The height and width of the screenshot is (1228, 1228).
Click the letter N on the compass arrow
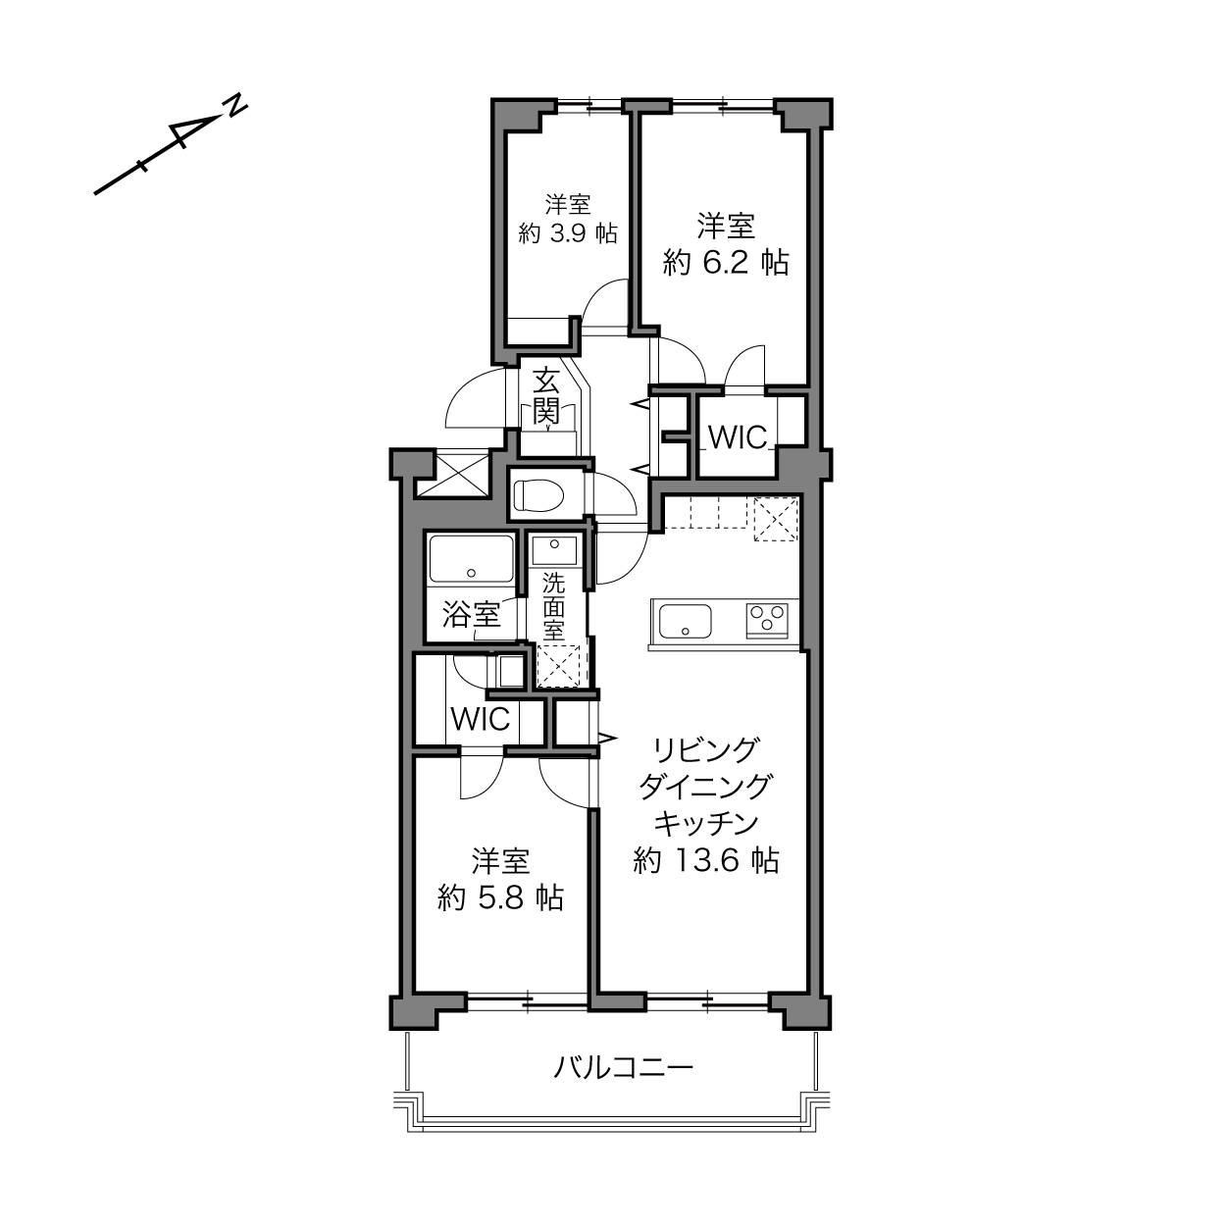coord(237,106)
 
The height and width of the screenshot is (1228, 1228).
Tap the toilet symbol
coord(538,495)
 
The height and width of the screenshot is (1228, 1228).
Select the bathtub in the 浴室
coord(471,558)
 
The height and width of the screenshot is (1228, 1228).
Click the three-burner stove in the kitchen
coord(767,620)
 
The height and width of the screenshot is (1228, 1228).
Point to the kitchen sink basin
coord(685,621)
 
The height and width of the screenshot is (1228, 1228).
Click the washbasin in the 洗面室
coord(554,550)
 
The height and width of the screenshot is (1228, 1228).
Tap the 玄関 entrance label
coord(546,396)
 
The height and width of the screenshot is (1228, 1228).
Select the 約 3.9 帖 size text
coord(568,233)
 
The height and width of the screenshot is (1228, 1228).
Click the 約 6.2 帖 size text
coord(726,263)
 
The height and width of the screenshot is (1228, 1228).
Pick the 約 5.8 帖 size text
coord(500,897)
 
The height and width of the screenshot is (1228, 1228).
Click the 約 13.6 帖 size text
coord(706,861)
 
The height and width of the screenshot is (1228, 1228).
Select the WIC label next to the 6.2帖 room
coord(738,437)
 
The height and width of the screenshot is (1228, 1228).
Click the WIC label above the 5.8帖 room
coord(481,720)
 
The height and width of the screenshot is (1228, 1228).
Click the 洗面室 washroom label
coord(554,607)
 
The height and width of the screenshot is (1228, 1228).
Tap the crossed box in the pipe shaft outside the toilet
coord(451,474)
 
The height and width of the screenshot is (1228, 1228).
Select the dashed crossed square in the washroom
coord(559,667)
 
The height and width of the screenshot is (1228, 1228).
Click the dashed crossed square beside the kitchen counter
coord(776,520)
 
